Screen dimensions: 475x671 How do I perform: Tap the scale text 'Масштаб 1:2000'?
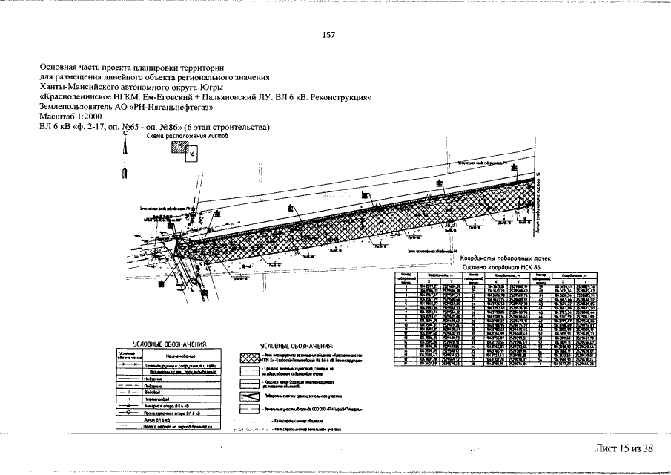72,117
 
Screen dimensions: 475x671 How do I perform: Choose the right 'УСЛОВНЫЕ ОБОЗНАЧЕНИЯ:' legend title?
297,347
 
